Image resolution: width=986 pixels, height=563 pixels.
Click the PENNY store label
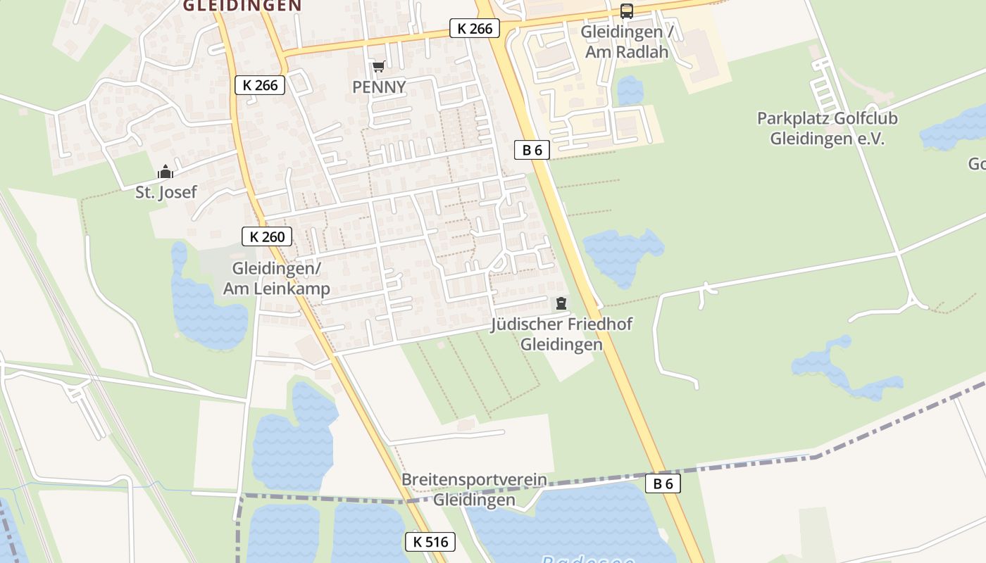(x=380, y=87)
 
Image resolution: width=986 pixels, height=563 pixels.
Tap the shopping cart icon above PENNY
(x=378, y=67)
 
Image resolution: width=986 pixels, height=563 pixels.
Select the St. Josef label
(x=166, y=191)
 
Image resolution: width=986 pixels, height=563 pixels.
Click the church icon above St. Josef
(x=166, y=172)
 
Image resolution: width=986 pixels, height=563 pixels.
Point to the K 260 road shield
(x=267, y=236)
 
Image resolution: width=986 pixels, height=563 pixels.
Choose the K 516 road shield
(x=430, y=542)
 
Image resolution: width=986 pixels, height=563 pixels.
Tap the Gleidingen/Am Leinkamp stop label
(x=276, y=279)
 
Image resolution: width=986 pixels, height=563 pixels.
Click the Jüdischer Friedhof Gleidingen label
(x=561, y=334)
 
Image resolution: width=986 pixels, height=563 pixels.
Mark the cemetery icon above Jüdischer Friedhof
(x=561, y=303)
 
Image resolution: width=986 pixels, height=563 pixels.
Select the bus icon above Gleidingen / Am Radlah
(x=626, y=11)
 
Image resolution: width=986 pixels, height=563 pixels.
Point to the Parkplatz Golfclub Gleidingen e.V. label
(x=827, y=128)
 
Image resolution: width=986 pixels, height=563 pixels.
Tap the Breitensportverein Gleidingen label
(x=474, y=490)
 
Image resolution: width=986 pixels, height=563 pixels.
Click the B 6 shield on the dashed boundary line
(x=663, y=483)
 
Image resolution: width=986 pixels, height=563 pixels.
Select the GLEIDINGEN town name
(x=242, y=6)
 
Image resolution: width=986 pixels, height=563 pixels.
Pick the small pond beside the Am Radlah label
(x=630, y=90)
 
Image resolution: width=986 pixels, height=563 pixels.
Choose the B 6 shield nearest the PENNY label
(x=532, y=149)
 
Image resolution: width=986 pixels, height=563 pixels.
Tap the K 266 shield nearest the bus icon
(x=475, y=28)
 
